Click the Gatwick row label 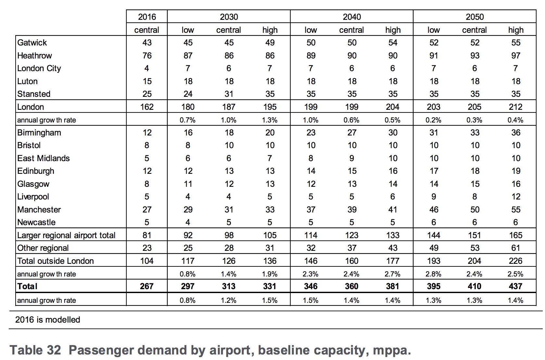coord(32,43)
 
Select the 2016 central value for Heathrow coord(147,56)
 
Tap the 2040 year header coord(352,17)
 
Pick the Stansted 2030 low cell coord(188,94)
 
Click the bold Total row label coord(27,286)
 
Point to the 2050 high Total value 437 coord(515,286)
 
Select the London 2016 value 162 coord(147,107)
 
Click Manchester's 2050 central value coord(475,210)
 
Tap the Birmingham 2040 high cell coord(393,133)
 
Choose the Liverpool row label coord(33,197)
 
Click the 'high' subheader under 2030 coord(270,30)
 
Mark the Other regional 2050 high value coord(515,248)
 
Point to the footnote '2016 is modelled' coord(48,320)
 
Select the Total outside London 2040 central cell coord(352,261)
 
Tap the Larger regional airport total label coord(66,235)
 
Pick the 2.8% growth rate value coord(433,274)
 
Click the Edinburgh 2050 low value coord(434,171)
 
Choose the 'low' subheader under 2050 coord(434,30)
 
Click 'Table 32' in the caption coord(35,350)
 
